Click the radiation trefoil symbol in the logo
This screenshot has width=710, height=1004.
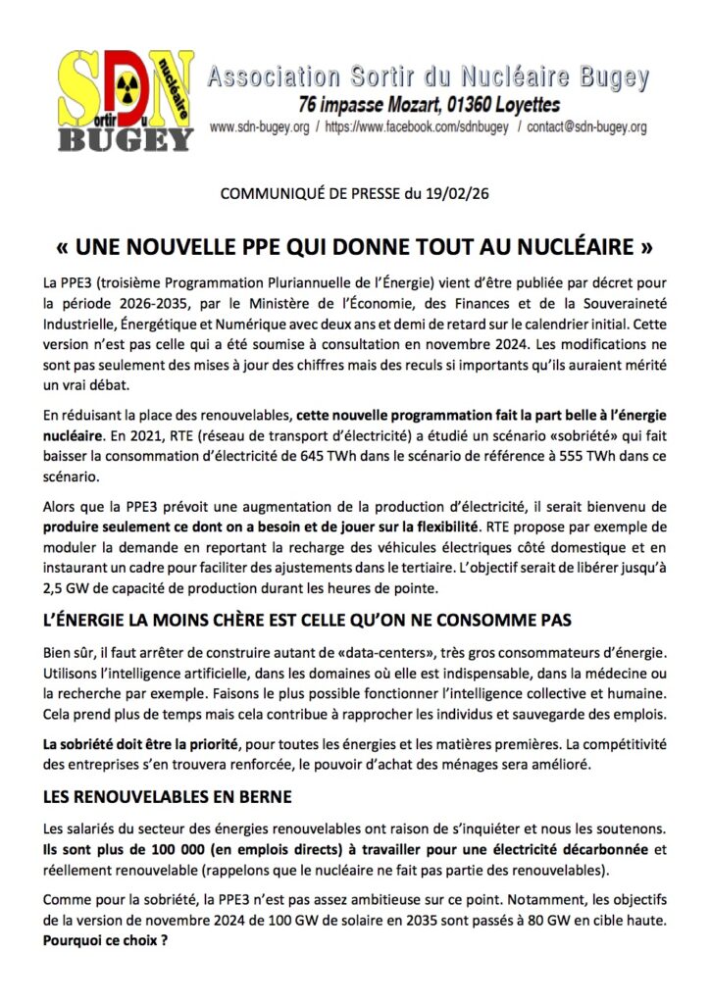125,83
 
